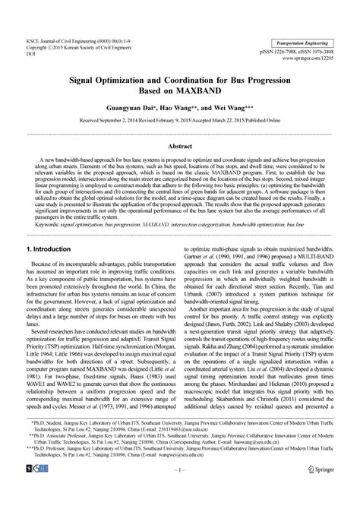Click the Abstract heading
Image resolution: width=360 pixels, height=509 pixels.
click(180, 144)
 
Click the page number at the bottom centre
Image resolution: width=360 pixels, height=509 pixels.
click(180, 492)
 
